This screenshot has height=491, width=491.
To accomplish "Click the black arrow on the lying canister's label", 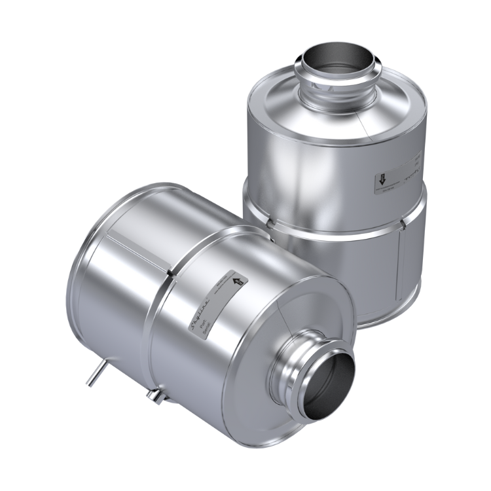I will click(238, 282).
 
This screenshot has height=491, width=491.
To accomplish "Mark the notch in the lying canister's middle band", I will click(170, 270).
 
